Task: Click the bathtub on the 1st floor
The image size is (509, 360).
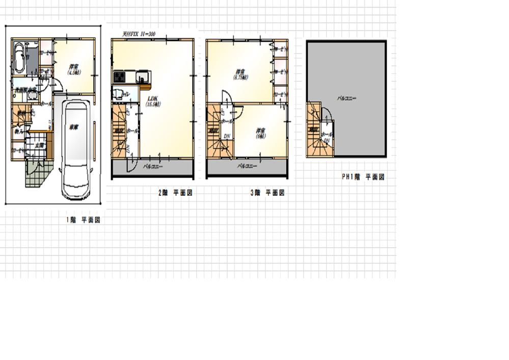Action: [x=19, y=57]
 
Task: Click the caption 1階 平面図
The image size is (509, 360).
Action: [x=83, y=220]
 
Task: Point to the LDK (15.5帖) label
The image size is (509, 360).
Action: [x=153, y=101]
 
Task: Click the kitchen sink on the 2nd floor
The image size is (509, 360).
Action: [x=143, y=77]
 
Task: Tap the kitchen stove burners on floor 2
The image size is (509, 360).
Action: [x=119, y=77]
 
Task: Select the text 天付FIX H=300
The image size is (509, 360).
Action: [x=139, y=34]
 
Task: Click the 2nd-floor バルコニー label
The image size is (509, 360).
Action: [x=152, y=167]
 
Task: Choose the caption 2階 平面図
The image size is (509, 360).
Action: [x=175, y=193]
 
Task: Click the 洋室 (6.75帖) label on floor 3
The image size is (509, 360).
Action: [x=240, y=74]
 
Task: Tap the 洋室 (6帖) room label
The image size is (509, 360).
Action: [x=260, y=133]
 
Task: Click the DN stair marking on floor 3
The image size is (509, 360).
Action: [x=227, y=136]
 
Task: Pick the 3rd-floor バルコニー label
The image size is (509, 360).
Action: [x=247, y=167]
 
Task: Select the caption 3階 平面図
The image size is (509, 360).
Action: [x=267, y=193]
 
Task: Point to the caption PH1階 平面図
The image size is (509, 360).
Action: [x=363, y=177]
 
